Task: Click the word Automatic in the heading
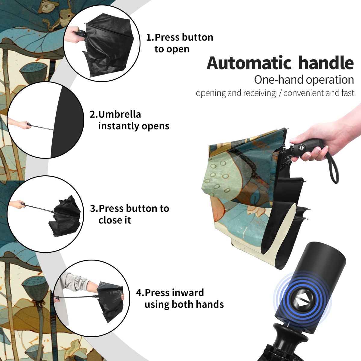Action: click(249, 63)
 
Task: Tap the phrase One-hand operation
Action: click(304, 80)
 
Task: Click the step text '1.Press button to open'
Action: click(180, 43)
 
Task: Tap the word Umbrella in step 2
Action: click(119, 114)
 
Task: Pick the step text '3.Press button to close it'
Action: click(129, 214)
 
